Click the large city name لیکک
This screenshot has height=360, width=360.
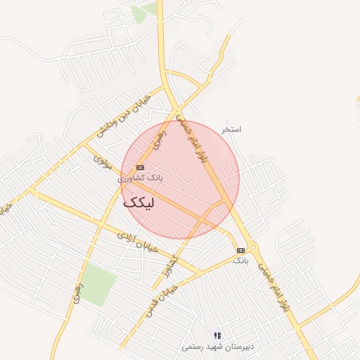[x=141, y=202]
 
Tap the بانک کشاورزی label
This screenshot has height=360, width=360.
[x=140, y=179]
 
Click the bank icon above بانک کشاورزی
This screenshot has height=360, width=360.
[x=141, y=167]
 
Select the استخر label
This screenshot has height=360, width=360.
[x=231, y=130]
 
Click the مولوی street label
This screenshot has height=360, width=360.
[x=103, y=162]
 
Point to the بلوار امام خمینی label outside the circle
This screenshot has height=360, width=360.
[x=274, y=289]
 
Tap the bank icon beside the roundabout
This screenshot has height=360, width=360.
[x=240, y=250]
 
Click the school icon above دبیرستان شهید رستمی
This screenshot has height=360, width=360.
[x=217, y=335]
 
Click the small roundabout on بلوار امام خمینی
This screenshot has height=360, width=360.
[x=253, y=247]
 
